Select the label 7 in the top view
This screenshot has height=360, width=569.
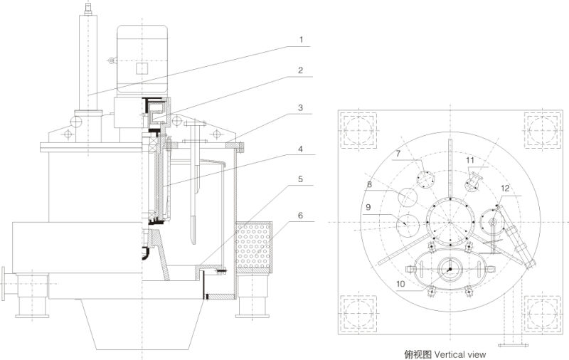398,154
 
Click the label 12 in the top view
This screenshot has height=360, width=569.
504,189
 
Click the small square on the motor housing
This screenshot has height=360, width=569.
141,68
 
